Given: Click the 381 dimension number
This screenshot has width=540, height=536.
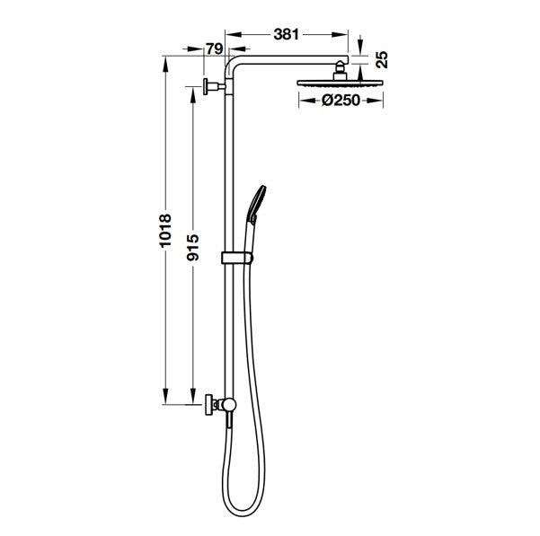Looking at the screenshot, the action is (286, 34).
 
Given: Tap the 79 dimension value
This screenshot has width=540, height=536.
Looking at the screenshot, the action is (214, 48).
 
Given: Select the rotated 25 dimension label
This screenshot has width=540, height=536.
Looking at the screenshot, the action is (382, 60).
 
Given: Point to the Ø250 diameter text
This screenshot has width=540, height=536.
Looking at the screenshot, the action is (341, 101).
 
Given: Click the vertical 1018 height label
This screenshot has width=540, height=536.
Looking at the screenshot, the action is (165, 230).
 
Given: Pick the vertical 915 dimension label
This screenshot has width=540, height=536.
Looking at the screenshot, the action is (193, 247).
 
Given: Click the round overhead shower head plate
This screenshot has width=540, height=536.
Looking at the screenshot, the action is (340, 83).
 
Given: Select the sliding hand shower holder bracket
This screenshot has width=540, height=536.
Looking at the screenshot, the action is (237, 258).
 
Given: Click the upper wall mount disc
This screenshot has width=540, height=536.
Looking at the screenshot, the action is (206, 86).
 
